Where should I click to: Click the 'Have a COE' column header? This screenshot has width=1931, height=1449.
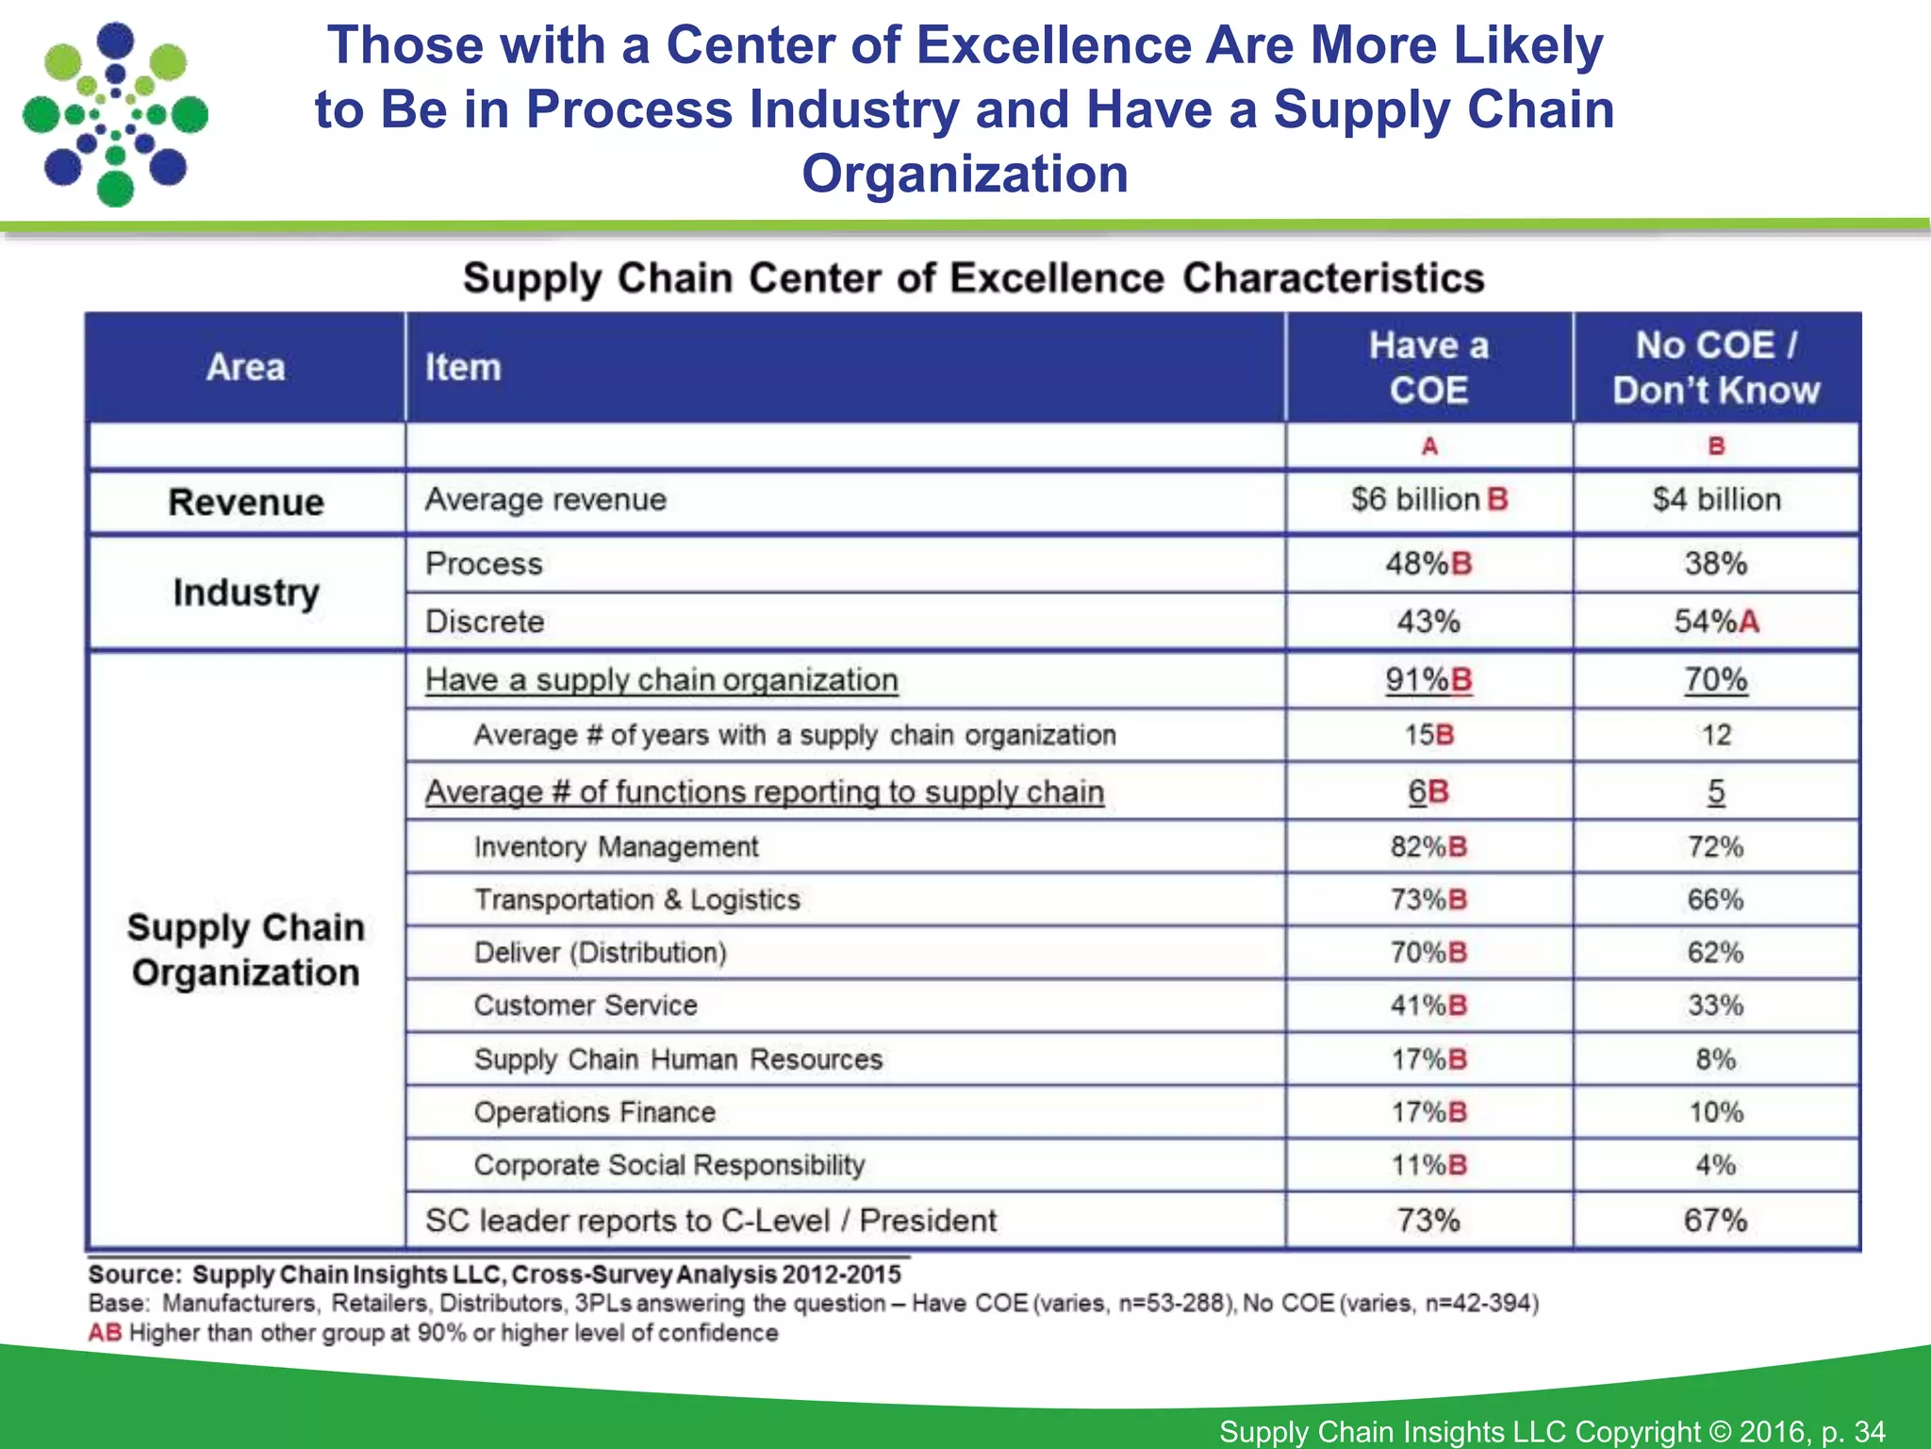pos(1428,368)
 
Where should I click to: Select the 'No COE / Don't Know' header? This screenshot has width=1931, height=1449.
pos(1715,368)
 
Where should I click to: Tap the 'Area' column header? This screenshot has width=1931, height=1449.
pos(245,368)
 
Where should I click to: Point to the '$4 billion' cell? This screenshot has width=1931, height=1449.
pos(1716,499)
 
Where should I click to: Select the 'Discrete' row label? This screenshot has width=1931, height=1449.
pos(485,622)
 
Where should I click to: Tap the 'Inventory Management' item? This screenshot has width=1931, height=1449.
pos(616,847)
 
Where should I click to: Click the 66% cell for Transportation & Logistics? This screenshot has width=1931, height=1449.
pos(1715,900)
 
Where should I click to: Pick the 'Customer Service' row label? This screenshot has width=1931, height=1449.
pos(586,1006)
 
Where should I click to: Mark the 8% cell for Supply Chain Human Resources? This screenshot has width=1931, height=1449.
pos(1715,1059)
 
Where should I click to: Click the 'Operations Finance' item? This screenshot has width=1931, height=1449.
pos(594,1112)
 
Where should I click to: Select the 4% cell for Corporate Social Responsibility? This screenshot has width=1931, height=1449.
pos(1715,1165)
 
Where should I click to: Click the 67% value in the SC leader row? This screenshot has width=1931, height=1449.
pos(1715,1221)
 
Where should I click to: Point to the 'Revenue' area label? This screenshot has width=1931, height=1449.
pos(245,502)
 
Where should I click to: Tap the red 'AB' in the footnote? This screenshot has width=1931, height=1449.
pos(105,1333)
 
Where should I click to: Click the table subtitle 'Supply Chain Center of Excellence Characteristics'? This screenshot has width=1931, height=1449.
pos(973,278)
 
